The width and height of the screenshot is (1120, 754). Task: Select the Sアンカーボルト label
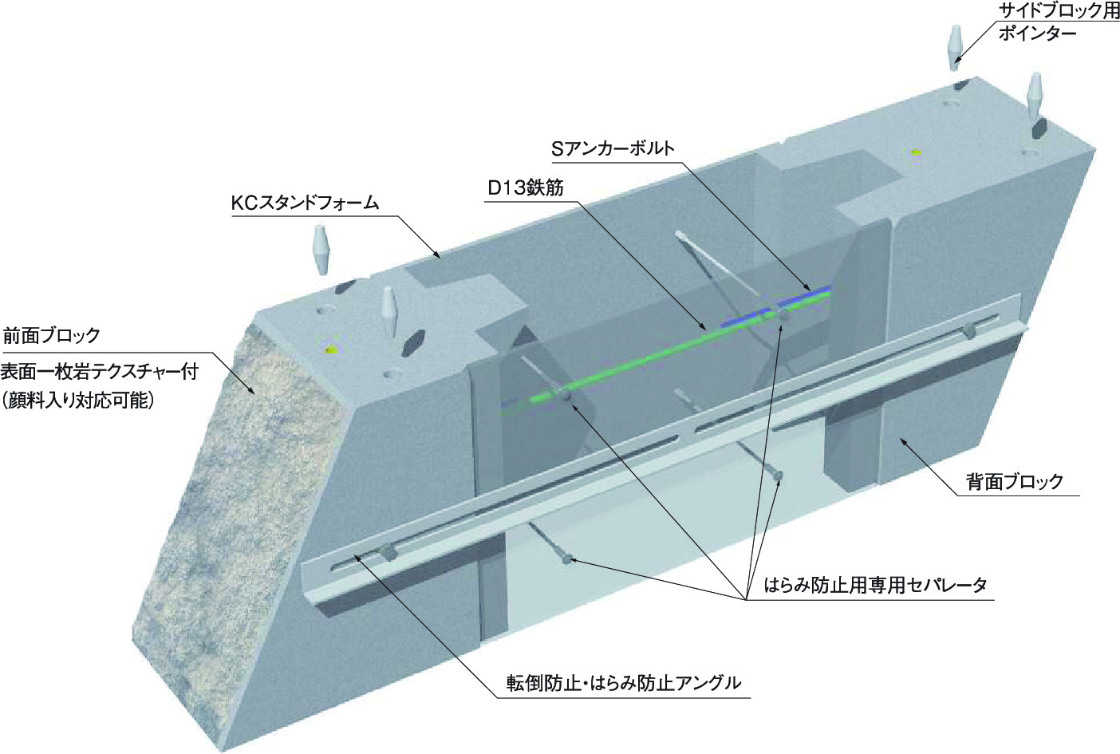[x=613, y=148]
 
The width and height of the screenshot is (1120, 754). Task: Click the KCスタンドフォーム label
[x=305, y=203]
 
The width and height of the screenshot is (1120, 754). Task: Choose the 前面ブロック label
[x=52, y=335]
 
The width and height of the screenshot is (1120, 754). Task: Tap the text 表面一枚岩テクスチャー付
[x=100, y=372]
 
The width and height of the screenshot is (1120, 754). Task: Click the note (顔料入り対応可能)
[x=77, y=401]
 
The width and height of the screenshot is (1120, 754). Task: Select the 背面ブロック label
[x=1015, y=481]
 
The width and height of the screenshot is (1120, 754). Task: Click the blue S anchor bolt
[x=775, y=306]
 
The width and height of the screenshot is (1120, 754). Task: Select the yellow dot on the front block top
[x=329, y=349]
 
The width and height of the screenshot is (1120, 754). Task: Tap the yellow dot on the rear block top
[x=916, y=152]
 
